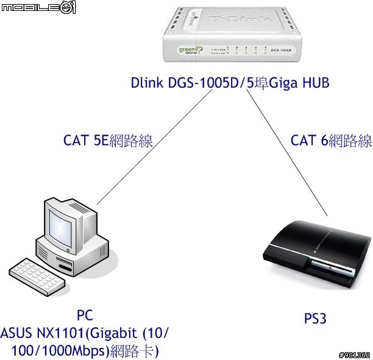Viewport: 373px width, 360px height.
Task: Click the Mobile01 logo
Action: pyautogui.click(x=38, y=8)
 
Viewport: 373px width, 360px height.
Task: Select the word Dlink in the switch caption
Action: pyautogui.click(x=147, y=83)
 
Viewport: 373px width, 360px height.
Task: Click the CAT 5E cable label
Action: pyautogui.click(x=108, y=141)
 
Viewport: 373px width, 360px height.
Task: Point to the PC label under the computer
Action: pyautogui.click(x=85, y=316)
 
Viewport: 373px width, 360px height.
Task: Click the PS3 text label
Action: pyautogui.click(x=316, y=318)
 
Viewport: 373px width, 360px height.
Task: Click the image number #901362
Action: pyautogui.click(x=354, y=355)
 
